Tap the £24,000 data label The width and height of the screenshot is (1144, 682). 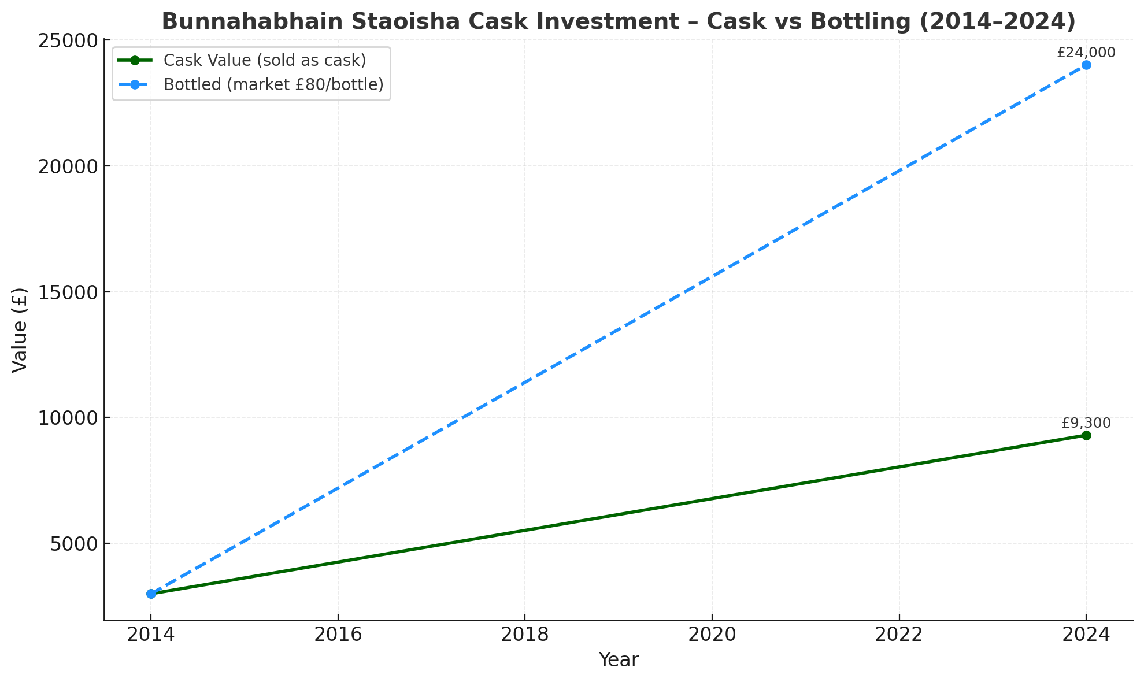coord(1086,53)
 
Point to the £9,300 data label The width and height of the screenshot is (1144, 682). coord(1086,423)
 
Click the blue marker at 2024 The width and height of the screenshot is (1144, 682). coord(1086,65)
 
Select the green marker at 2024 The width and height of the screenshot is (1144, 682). coord(1086,435)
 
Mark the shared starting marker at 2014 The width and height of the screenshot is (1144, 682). coord(151,594)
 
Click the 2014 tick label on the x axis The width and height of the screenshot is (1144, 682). coord(151,635)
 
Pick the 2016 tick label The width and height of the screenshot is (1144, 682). coord(338,635)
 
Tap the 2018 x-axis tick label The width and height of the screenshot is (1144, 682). coord(525,635)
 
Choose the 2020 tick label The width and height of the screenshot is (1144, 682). coord(712,635)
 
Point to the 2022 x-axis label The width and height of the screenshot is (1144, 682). coord(899,635)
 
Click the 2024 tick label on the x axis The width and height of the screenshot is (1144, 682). coord(1086,635)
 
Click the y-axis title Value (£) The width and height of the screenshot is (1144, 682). coord(20,330)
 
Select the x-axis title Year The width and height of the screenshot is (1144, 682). coord(619,660)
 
